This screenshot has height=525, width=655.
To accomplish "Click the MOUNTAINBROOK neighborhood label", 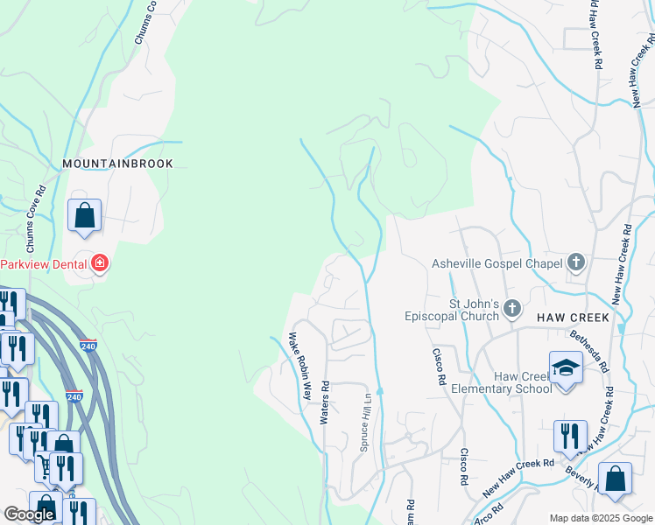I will pyautogui.click(x=117, y=164).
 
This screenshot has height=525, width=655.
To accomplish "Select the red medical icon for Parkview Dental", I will pyautogui.click(x=100, y=262).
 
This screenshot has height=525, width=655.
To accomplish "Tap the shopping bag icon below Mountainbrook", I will pyautogui.click(x=84, y=214).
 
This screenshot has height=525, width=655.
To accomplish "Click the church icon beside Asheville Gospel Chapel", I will pyautogui.click(x=575, y=262).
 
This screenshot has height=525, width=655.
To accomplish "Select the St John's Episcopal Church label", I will pyautogui.click(x=450, y=311).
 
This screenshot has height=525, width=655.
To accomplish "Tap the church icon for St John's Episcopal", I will pyautogui.click(x=512, y=309).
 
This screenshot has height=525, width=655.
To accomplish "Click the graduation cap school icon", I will pyautogui.click(x=566, y=367).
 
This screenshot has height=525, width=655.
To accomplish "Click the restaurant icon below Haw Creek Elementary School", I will pyautogui.click(x=570, y=436).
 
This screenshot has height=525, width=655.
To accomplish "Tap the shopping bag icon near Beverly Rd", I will pyautogui.click(x=615, y=479).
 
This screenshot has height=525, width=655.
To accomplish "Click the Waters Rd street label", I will pyautogui.click(x=324, y=402).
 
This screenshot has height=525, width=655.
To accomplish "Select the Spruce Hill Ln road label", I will pyautogui.click(x=366, y=422).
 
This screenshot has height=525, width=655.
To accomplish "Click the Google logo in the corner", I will pyautogui.click(x=29, y=514).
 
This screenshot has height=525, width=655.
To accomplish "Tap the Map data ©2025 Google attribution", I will pyautogui.click(x=601, y=518).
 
